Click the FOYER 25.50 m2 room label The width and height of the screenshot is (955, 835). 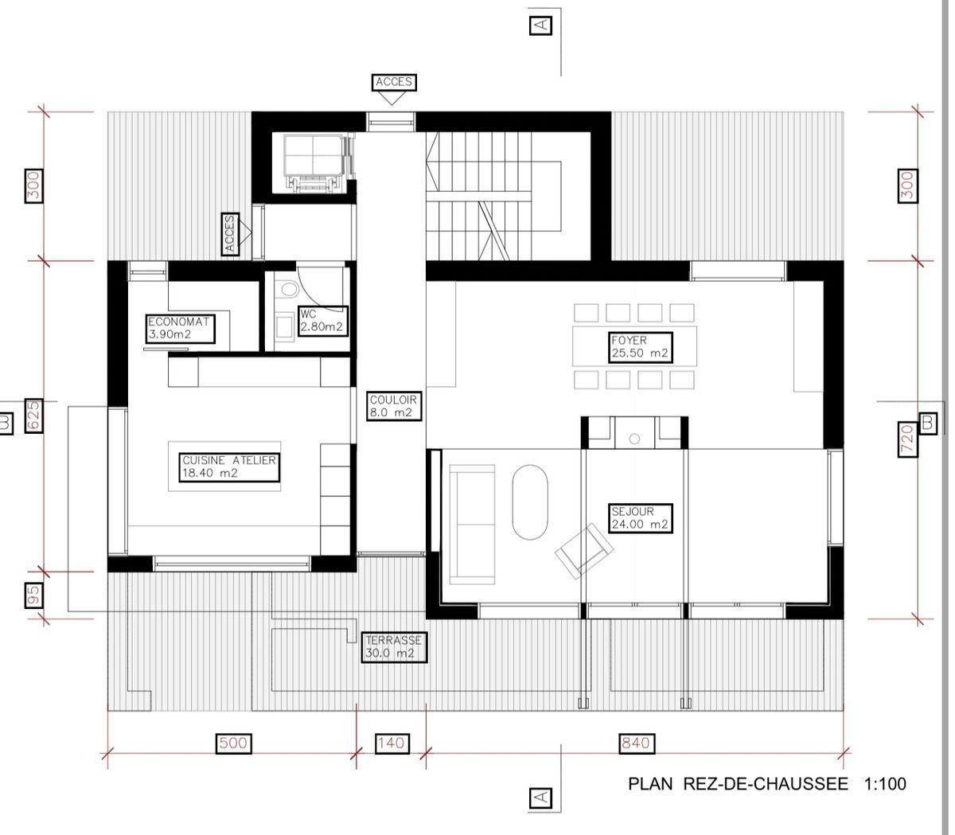640,346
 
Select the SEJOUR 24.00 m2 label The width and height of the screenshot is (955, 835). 640,518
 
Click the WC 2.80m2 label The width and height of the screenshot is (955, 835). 322,321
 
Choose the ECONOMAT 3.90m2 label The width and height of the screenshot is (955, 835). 180,329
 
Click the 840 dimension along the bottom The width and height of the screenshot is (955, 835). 635,743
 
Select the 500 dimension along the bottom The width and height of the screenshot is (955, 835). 232,743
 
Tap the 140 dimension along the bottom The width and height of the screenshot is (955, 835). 391,743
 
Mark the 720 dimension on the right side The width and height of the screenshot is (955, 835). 906,440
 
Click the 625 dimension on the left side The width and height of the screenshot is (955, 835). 33,416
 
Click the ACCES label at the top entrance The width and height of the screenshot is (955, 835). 393,82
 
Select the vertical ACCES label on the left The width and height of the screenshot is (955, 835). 230,234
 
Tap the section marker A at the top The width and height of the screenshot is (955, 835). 540,25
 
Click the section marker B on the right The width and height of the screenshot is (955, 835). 927,423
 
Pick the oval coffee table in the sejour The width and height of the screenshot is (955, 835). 530,501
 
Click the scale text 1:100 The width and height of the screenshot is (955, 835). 883,784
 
